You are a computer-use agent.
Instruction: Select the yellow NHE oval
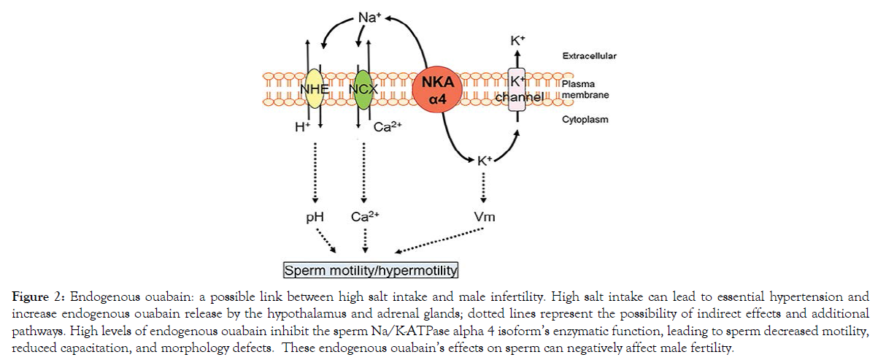click(x=314, y=89)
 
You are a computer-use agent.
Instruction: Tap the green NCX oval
click(x=362, y=89)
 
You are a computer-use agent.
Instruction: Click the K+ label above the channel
click(x=517, y=42)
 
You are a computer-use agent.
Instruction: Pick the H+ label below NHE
click(x=301, y=126)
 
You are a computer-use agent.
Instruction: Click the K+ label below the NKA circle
click(x=484, y=160)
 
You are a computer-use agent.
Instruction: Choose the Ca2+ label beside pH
click(x=365, y=217)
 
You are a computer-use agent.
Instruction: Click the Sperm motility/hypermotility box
click(x=370, y=271)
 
